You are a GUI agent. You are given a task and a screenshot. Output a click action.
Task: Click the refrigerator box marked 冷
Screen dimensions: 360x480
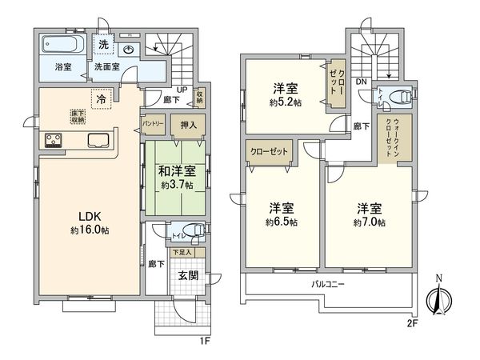tap(101, 99)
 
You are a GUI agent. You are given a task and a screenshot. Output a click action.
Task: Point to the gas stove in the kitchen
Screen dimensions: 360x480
tap(54, 142)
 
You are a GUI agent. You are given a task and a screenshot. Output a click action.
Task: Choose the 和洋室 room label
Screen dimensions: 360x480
tap(174, 170)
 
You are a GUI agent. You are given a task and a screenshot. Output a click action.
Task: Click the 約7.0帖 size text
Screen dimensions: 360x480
tap(370, 222)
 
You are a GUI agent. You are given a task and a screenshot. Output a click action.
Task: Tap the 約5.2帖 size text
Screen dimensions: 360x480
tap(285, 103)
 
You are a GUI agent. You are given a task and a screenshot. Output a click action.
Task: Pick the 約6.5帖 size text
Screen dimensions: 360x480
tap(282, 222)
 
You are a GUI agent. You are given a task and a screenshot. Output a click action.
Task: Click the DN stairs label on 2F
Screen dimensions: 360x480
tap(362, 80)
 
